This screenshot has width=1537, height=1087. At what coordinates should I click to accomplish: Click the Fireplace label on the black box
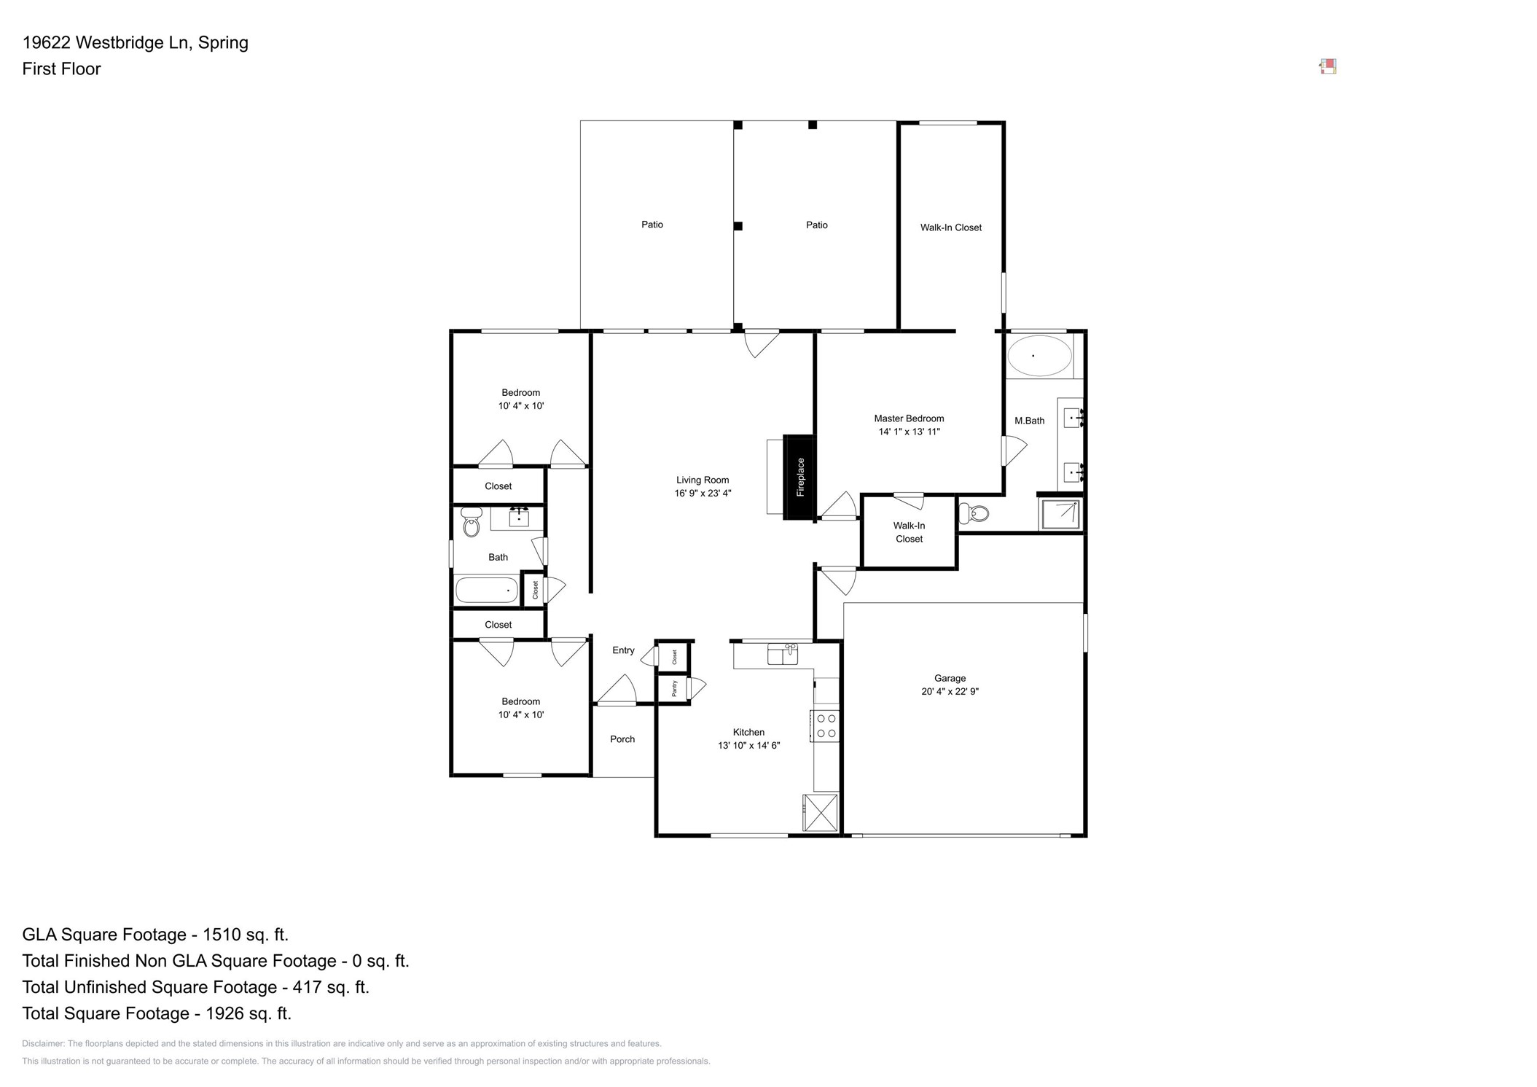click(x=800, y=477)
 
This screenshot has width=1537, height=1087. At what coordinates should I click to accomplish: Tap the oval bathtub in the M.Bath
click(x=1039, y=356)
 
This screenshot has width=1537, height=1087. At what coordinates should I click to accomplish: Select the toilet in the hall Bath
click(x=472, y=522)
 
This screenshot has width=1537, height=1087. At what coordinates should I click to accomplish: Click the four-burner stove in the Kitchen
click(x=826, y=726)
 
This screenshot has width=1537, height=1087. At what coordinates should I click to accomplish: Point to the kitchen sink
click(x=783, y=654)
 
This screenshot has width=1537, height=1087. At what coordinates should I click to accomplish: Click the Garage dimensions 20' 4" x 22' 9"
click(x=949, y=691)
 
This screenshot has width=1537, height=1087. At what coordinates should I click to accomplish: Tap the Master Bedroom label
click(x=908, y=418)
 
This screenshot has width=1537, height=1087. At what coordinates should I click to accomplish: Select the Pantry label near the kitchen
click(x=674, y=688)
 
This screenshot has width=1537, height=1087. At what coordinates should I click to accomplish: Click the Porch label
click(x=622, y=739)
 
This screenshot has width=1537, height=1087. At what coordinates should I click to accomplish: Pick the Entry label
click(x=622, y=650)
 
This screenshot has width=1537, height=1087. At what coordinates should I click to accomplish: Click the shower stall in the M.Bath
click(x=1060, y=514)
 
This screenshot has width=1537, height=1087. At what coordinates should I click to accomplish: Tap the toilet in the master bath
click(x=974, y=513)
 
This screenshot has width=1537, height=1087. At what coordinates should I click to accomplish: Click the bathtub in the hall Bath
click(x=486, y=590)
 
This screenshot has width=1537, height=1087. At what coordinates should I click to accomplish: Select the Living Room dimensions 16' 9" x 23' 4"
click(x=702, y=494)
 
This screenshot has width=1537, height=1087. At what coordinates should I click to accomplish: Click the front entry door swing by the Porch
click(x=618, y=690)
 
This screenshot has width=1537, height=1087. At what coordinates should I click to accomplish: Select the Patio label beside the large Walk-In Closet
click(x=816, y=225)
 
